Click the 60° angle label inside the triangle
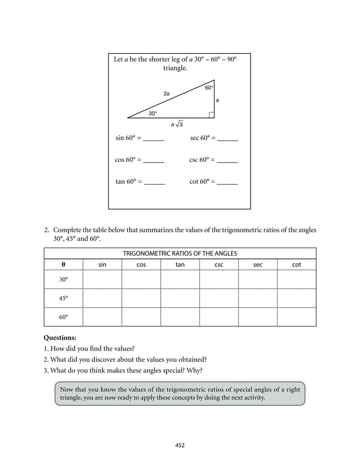click(209, 88)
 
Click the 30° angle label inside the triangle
click(152, 113)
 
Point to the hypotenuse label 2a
click(166, 93)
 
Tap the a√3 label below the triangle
click(177, 124)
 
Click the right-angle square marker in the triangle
click(211, 115)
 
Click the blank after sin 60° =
click(153, 139)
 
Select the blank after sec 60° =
click(227, 139)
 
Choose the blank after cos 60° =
click(153, 161)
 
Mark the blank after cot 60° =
click(227, 183)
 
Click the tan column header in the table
click(180, 264)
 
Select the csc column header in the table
click(219, 264)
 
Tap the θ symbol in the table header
click(63, 264)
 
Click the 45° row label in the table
click(63, 298)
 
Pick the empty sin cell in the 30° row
click(102, 279)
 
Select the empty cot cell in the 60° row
click(296, 317)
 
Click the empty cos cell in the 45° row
click(141, 298)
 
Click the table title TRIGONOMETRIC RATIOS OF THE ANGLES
click(180, 253)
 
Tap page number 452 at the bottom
click(180, 445)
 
